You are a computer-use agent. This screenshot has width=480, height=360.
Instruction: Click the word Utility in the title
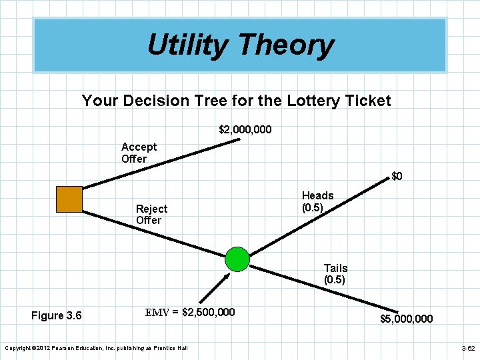point(187,45)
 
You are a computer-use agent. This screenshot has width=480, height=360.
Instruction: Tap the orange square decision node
point(69,199)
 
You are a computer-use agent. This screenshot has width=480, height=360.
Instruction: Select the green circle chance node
point(237,259)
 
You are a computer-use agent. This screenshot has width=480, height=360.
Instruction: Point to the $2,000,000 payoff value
point(245,129)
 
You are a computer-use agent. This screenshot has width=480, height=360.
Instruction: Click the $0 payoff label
point(397,177)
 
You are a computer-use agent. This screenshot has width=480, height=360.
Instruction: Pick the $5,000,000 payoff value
point(406,319)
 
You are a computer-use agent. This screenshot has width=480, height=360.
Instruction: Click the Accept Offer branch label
point(139,153)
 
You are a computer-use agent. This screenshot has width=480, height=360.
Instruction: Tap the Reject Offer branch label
point(151,214)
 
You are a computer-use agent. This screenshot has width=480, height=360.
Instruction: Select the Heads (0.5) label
point(317,201)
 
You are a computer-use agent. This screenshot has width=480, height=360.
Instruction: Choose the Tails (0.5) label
point(335,274)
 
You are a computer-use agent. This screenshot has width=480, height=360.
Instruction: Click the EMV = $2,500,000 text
point(190,311)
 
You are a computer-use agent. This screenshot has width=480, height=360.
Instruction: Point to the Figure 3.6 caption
point(57,315)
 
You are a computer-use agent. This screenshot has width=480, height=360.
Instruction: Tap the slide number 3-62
point(467,349)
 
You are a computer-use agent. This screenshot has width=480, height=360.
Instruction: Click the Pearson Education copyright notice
point(96,348)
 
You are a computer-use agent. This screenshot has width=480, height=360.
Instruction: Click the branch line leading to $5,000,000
point(320,283)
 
